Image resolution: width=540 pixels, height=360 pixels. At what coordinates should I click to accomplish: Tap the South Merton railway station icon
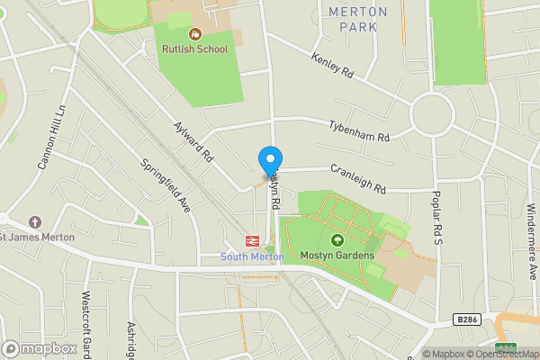(253, 241)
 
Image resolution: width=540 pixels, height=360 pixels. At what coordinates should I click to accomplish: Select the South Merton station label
(253, 257)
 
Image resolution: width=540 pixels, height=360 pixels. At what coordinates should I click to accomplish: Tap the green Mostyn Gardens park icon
(337, 240)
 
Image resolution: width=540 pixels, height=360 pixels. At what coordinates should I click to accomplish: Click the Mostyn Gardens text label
(337, 256)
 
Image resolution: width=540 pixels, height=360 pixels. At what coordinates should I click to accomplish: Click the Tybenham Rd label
(359, 131)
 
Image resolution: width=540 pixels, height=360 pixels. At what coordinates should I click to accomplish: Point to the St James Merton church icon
(35, 221)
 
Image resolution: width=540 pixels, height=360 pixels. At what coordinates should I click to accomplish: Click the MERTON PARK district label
(357, 19)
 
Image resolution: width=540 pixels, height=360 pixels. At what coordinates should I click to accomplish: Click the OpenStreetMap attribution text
(499, 354)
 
